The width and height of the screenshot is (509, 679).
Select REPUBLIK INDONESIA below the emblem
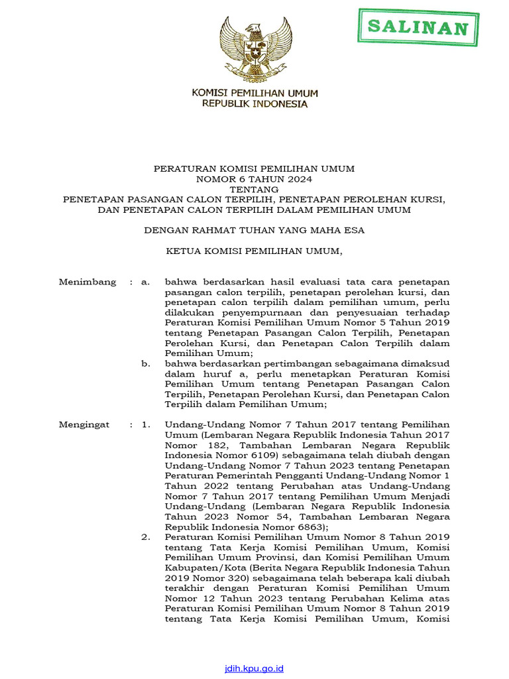tap(254, 104)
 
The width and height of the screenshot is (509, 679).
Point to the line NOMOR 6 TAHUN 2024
tap(254, 179)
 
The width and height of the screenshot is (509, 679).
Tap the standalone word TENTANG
tap(254, 189)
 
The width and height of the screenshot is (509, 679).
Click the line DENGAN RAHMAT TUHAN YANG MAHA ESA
tap(254, 231)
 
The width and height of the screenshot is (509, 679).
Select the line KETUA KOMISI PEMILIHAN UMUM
tap(254, 251)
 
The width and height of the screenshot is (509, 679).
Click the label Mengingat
tap(84, 424)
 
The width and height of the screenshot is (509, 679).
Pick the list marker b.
tap(146, 363)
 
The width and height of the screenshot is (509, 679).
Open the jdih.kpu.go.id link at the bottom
tap(254, 668)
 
